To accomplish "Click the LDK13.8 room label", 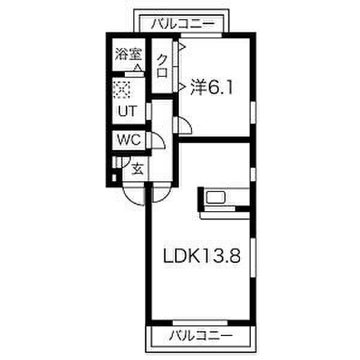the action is pyautogui.click(x=202, y=256).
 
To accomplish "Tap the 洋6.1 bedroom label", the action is pyautogui.click(x=211, y=87).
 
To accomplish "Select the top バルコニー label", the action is pyautogui.click(x=182, y=24).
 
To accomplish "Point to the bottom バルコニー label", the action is pyautogui.click(x=200, y=335).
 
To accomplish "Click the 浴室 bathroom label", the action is pyautogui.click(x=128, y=54).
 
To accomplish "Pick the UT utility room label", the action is pyautogui.click(x=127, y=110).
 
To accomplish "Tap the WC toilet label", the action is pyautogui.click(x=128, y=139).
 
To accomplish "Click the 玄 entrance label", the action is pyautogui.click(x=138, y=169).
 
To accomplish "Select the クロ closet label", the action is pyautogui.click(x=162, y=66).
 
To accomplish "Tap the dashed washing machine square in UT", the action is pyautogui.click(x=122, y=89).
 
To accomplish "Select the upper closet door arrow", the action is pyautogui.click(x=182, y=47).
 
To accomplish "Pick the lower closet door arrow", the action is pyautogui.click(x=182, y=87).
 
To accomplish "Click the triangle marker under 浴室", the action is pyautogui.click(x=137, y=68).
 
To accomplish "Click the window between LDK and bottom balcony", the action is pyautogui.click(x=200, y=323).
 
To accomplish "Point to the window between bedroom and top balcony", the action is pyautogui.click(x=202, y=35).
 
